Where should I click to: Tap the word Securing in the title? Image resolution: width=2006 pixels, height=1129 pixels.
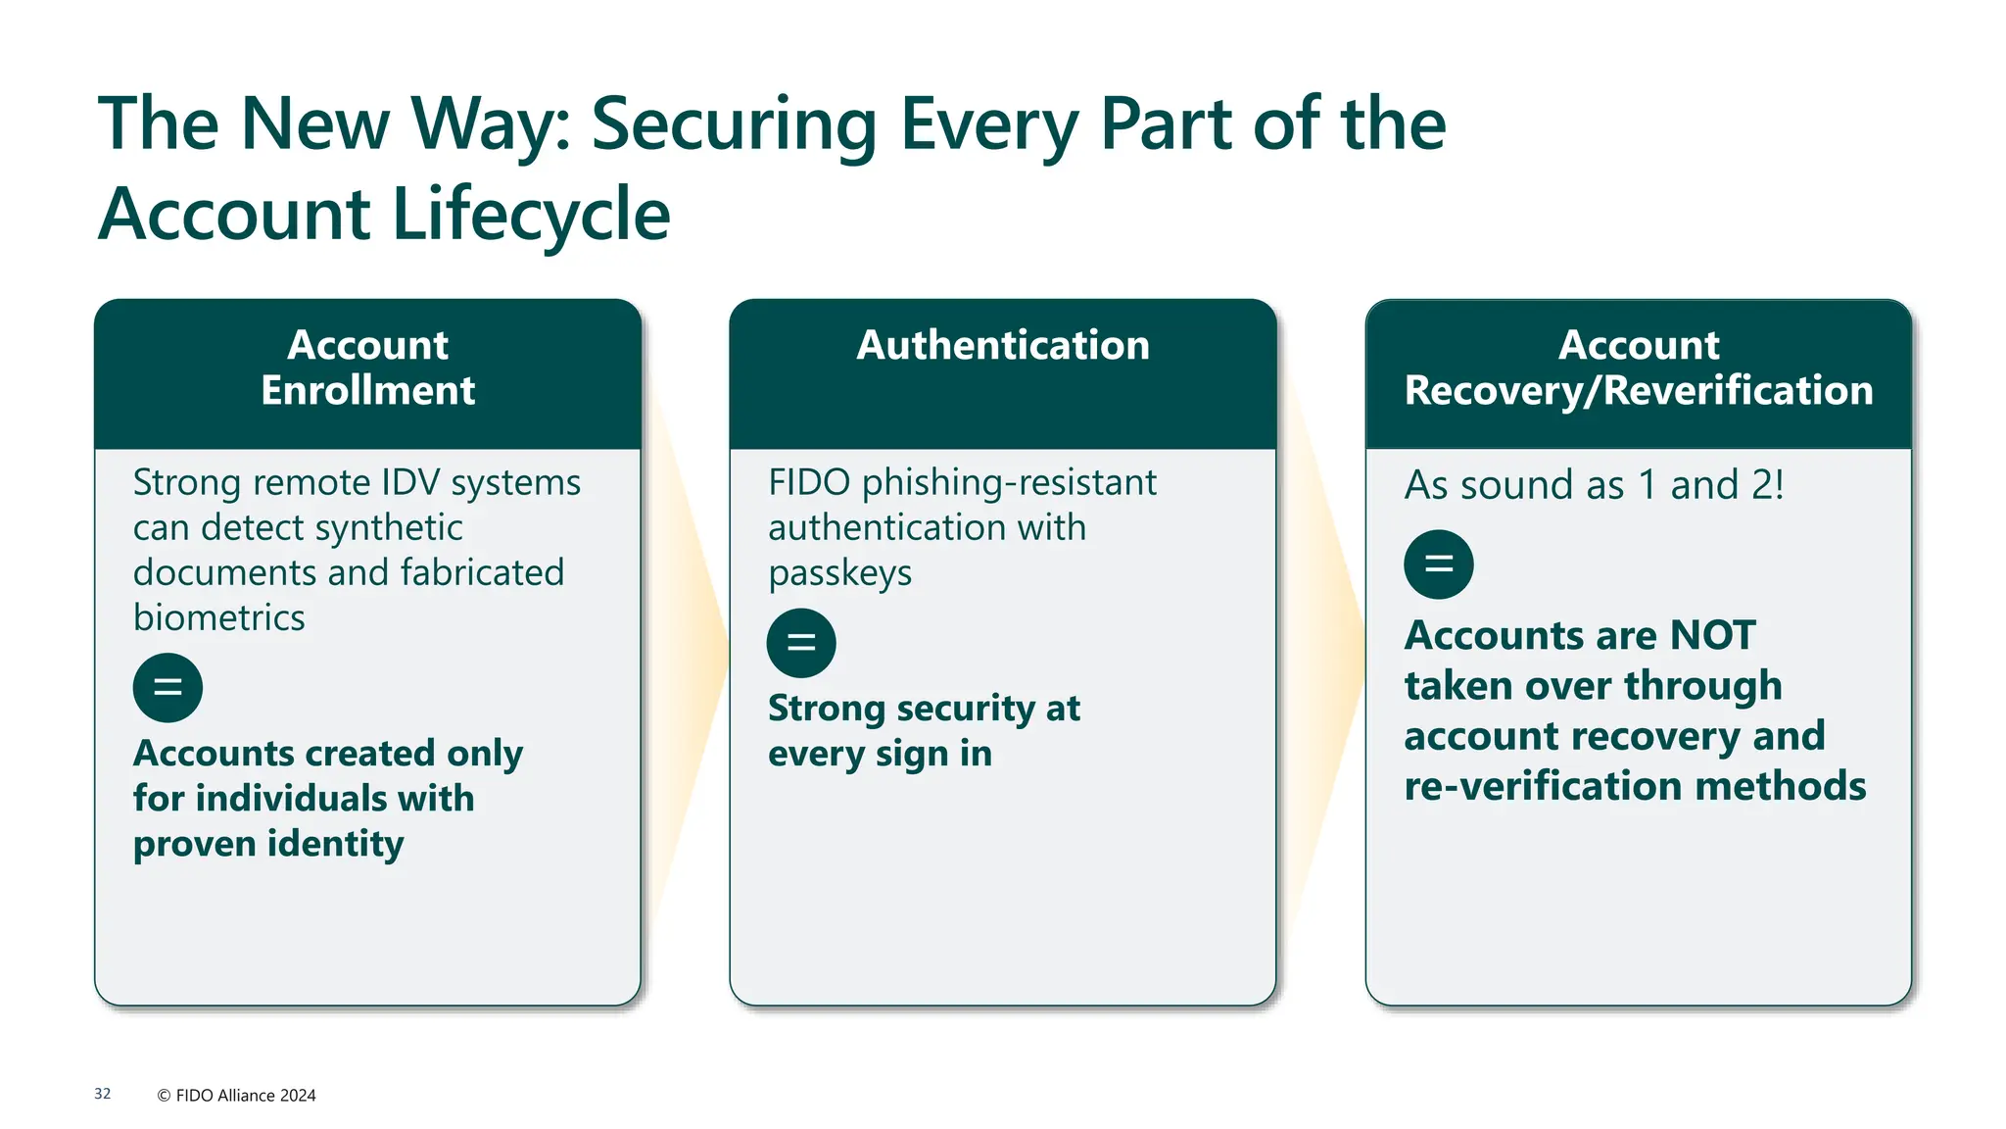(x=734, y=124)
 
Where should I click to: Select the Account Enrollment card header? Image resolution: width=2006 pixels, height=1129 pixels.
(x=367, y=368)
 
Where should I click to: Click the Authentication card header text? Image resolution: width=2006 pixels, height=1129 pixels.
(x=1003, y=345)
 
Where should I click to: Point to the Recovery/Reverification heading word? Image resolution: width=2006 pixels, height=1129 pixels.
(x=1638, y=390)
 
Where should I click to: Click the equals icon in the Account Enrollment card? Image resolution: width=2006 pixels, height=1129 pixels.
(x=167, y=688)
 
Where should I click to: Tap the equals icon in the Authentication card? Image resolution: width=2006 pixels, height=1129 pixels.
(x=801, y=643)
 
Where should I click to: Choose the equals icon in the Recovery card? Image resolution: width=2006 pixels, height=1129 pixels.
(x=1438, y=564)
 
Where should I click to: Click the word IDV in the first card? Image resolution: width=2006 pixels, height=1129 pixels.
(x=410, y=483)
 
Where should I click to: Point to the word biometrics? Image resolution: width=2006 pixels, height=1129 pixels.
(x=219, y=618)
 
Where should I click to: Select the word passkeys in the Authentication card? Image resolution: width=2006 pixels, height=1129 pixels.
(x=839, y=573)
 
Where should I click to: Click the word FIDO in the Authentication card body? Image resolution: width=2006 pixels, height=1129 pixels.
(x=809, y=483)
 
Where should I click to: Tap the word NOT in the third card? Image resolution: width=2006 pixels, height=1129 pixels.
(x=1712, y=635)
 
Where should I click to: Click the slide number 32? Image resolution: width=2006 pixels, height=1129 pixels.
(x=103, y=1094)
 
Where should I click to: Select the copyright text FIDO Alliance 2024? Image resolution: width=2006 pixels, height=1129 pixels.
(x=245, y=1096)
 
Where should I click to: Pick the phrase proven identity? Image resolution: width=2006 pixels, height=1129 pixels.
(x=268, y=844)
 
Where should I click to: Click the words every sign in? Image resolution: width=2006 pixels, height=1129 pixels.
(x=880, y=755)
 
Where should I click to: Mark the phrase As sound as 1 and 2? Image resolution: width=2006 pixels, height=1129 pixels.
(x=1594, y=485)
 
